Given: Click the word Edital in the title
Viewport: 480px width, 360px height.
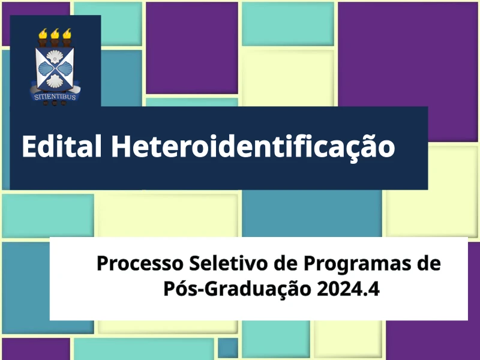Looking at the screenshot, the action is [x=62, y=146].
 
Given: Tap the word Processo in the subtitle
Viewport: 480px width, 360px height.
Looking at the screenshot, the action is [x=140, y=263].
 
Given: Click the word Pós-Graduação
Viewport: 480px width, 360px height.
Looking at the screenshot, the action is [x=237, y=288].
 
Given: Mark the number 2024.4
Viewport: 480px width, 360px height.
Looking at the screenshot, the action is [x=349, y=289].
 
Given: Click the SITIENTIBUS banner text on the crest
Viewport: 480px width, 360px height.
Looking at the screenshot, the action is [x=55, y=97].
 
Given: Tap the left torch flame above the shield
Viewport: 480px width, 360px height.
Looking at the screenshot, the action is [x=43, y=34].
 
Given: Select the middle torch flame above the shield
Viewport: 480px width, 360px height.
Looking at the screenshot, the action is [x=55, y=34].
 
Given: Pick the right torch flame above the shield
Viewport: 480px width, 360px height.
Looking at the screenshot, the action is [x=67, y=34].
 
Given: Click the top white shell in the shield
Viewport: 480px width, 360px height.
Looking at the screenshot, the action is [x=55, y=56].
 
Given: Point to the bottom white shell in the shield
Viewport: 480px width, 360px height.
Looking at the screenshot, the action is [x=55, y=81].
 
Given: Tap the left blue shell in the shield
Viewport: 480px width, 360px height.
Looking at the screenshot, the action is [x=46, y=68].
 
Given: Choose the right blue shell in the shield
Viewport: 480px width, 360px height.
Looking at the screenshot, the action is [x=65, y=68].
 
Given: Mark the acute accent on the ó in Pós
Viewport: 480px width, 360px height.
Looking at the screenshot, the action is [x=186, y=280].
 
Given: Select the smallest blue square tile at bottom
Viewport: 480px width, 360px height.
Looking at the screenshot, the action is [x=228, y=348].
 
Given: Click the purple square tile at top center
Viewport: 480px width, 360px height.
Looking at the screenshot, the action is [x=192, y=48].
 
